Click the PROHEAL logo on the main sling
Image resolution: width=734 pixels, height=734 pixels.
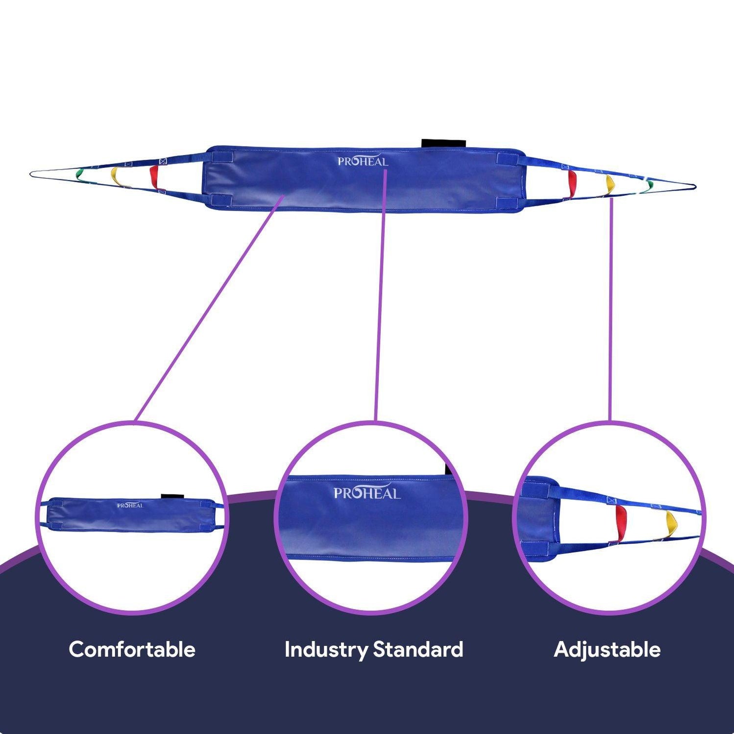(x=363, y=161)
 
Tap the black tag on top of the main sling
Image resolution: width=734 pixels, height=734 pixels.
(x=443, y=143)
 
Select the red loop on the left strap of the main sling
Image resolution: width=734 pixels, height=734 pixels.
(x=154, y=177)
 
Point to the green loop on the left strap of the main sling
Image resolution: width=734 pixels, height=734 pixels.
(x=79, y=174)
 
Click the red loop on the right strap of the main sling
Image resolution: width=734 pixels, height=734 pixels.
(x=572, y=182)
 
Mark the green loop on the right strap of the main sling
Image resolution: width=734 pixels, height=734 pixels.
(x=650, y=185)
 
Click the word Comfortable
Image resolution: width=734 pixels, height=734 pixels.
(x=132, y=649)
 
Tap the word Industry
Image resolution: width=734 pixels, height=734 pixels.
(x=326, y=649)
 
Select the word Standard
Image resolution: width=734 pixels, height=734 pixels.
(x=418, y=649)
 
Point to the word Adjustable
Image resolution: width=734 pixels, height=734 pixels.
(x=607, y=649)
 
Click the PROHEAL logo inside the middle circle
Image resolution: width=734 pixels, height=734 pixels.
(x=367, y=493)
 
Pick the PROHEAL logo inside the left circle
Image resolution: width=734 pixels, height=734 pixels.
(x=130, y=505)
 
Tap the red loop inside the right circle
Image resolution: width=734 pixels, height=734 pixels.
(x=621, y=523)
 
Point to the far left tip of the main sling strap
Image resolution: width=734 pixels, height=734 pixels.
(x=31, y=173)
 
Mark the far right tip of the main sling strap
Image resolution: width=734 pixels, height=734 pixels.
(x=694, y=186)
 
